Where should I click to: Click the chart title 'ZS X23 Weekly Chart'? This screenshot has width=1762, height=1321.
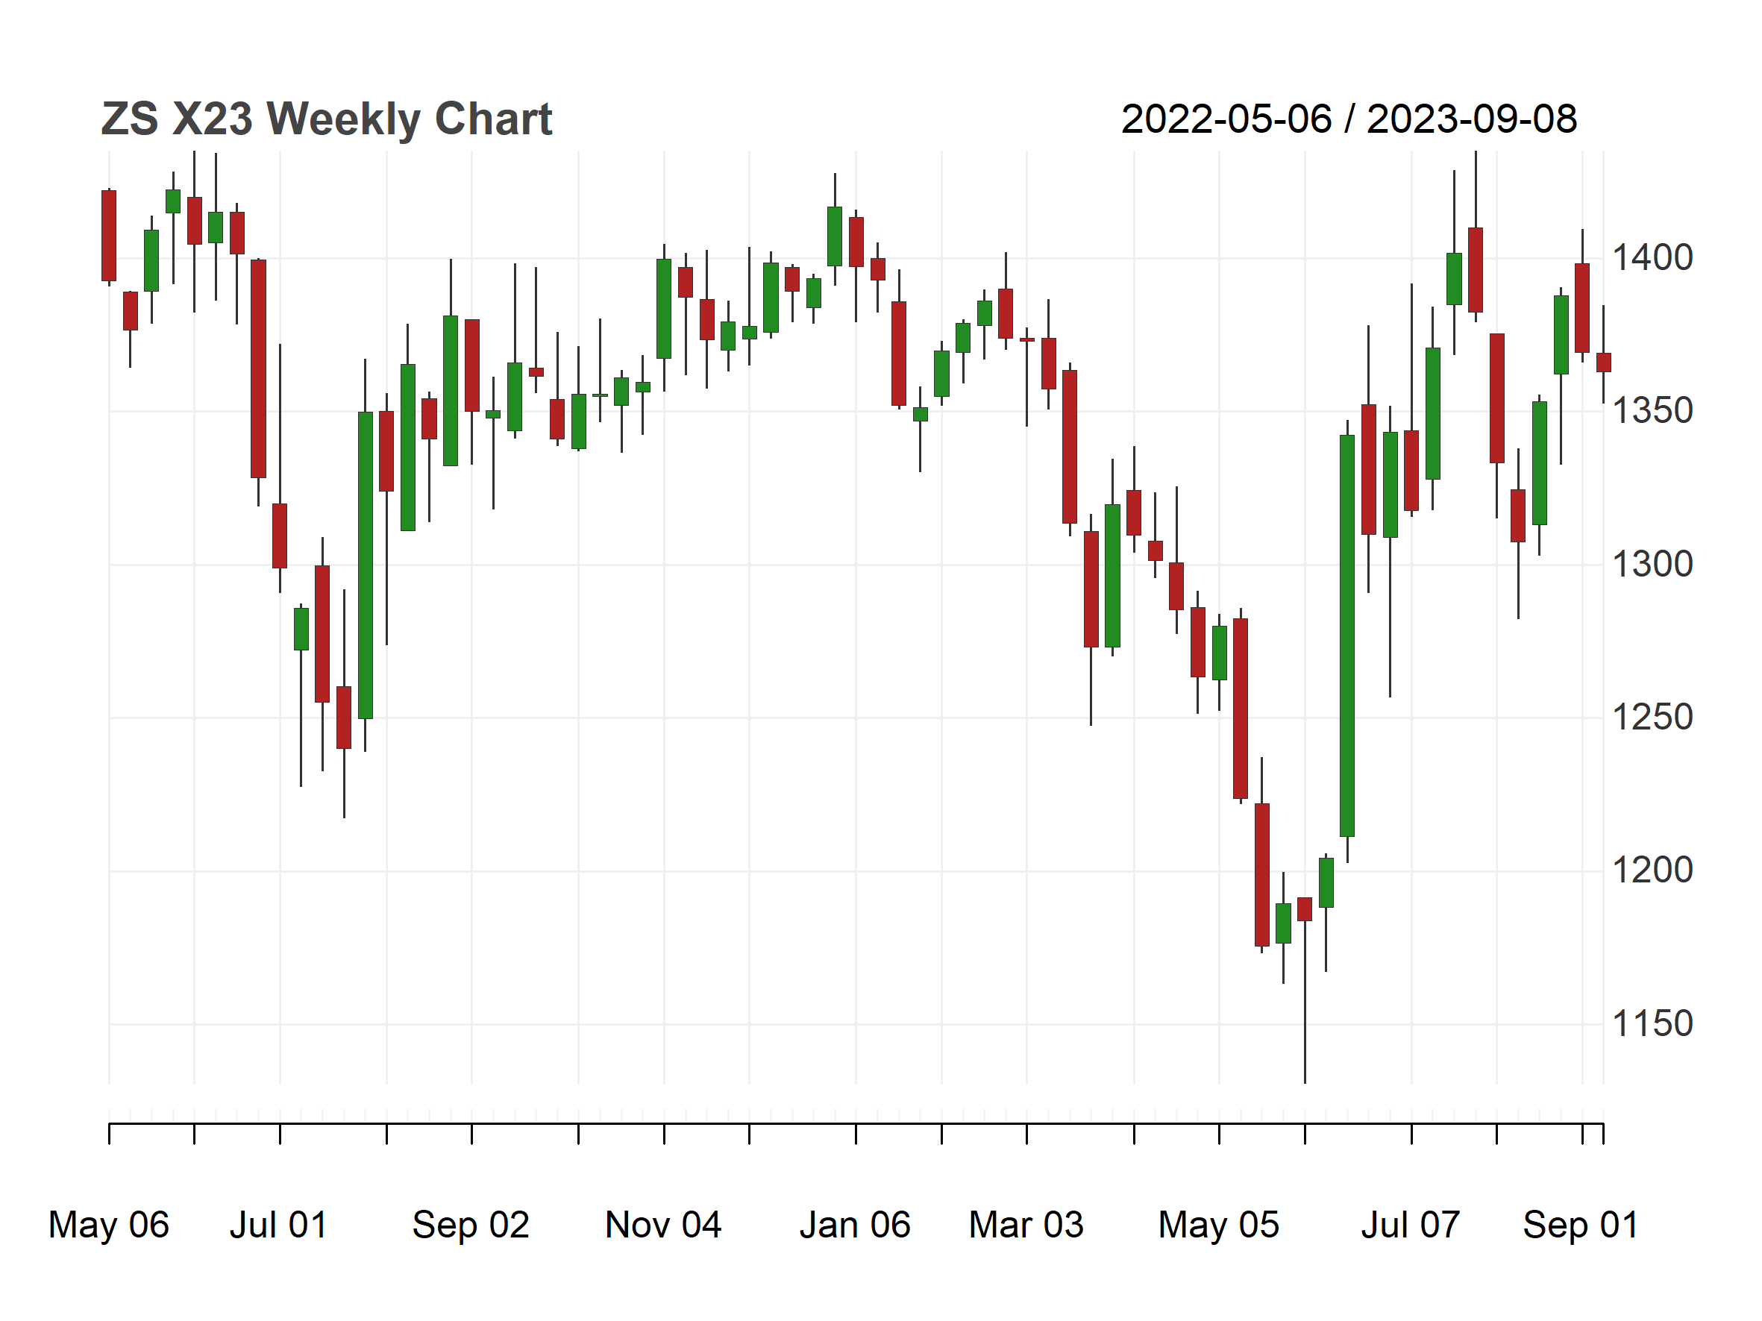[x=327, y=119]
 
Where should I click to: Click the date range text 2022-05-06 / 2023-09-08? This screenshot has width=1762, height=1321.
[x=1349, y=119]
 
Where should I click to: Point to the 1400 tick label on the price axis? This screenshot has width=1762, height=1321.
[x=1652, y=258]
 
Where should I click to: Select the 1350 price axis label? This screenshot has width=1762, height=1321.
[x=1652, y=411]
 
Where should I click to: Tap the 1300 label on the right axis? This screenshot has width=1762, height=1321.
[x=1652, y=565]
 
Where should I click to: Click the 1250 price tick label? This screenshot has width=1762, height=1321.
[x=1652, y=718]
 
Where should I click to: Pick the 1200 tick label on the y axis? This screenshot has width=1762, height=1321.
[x=1652, y=870]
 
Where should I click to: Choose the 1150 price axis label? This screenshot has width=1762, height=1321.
[x=1652, y=1024]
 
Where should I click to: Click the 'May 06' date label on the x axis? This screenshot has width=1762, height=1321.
[x=109, y=1226]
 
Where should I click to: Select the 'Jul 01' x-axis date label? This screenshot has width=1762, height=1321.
[x=279, y=1226]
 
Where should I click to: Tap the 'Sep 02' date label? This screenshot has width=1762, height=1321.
[x=471, y=1226]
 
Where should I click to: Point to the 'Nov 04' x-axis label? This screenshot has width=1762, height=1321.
[x=663, y=1226]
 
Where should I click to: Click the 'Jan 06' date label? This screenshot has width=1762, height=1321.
[x=856, y=1226]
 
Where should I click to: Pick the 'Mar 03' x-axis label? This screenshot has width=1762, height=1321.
[x=1026, y=1226]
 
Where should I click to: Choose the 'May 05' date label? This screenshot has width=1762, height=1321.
[x=1219, y=1226]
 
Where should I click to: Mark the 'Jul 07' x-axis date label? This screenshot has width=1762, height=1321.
[x=1411, y=1226]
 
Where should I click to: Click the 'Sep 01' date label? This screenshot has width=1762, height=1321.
[x=1581, y=1226]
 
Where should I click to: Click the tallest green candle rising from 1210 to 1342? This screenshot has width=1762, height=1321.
[x=1347, y=636]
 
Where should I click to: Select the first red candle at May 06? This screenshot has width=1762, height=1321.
[x=109, y=236]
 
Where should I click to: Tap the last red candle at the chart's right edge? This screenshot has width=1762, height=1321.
[x=1604, y=363]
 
